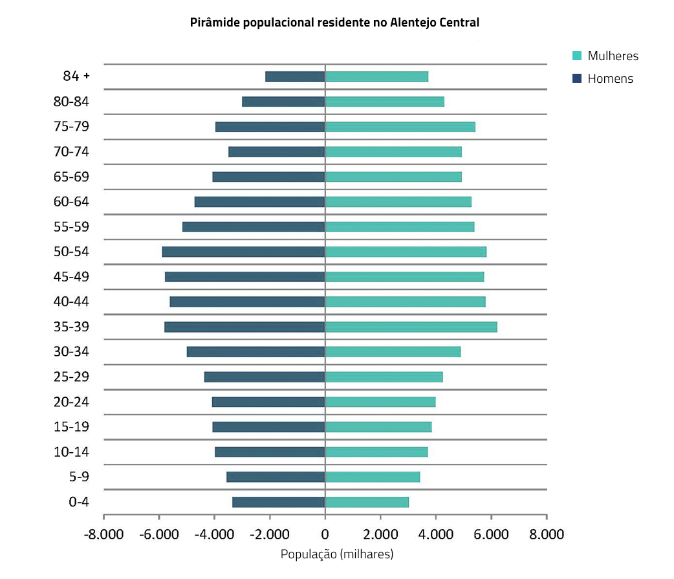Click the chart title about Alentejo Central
pos(334,23)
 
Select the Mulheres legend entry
pos(613,56)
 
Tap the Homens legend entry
pos(610,79)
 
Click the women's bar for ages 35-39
pos(411,327)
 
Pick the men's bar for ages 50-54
pos(243,252)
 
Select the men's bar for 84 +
pos(295,76)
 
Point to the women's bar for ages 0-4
pos(367,502)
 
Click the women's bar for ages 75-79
pos(400,127)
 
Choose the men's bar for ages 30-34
pos(255,352)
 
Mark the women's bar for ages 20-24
pos(380,402)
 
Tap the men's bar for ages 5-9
pos(276,477)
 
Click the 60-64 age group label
pos(71,202)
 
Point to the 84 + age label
pos(76,76)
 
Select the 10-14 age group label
pos(71,452)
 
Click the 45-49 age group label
pos(71,277)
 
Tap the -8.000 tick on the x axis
pos(103,534)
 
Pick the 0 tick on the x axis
pos(325,534)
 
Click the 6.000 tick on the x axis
pos(491,534)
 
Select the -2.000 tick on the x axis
pos(270,534)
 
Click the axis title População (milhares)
pos(336,554)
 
